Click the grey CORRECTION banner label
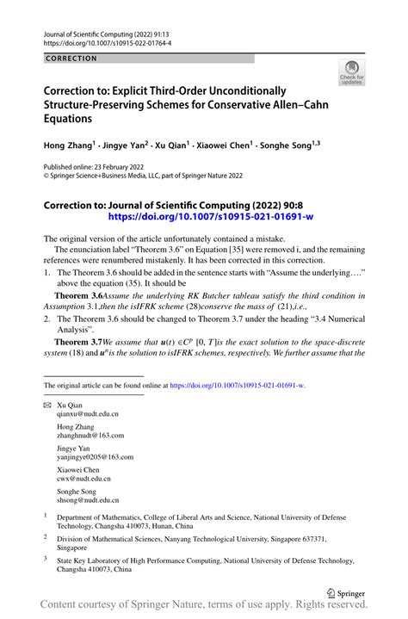tap(73, 59)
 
